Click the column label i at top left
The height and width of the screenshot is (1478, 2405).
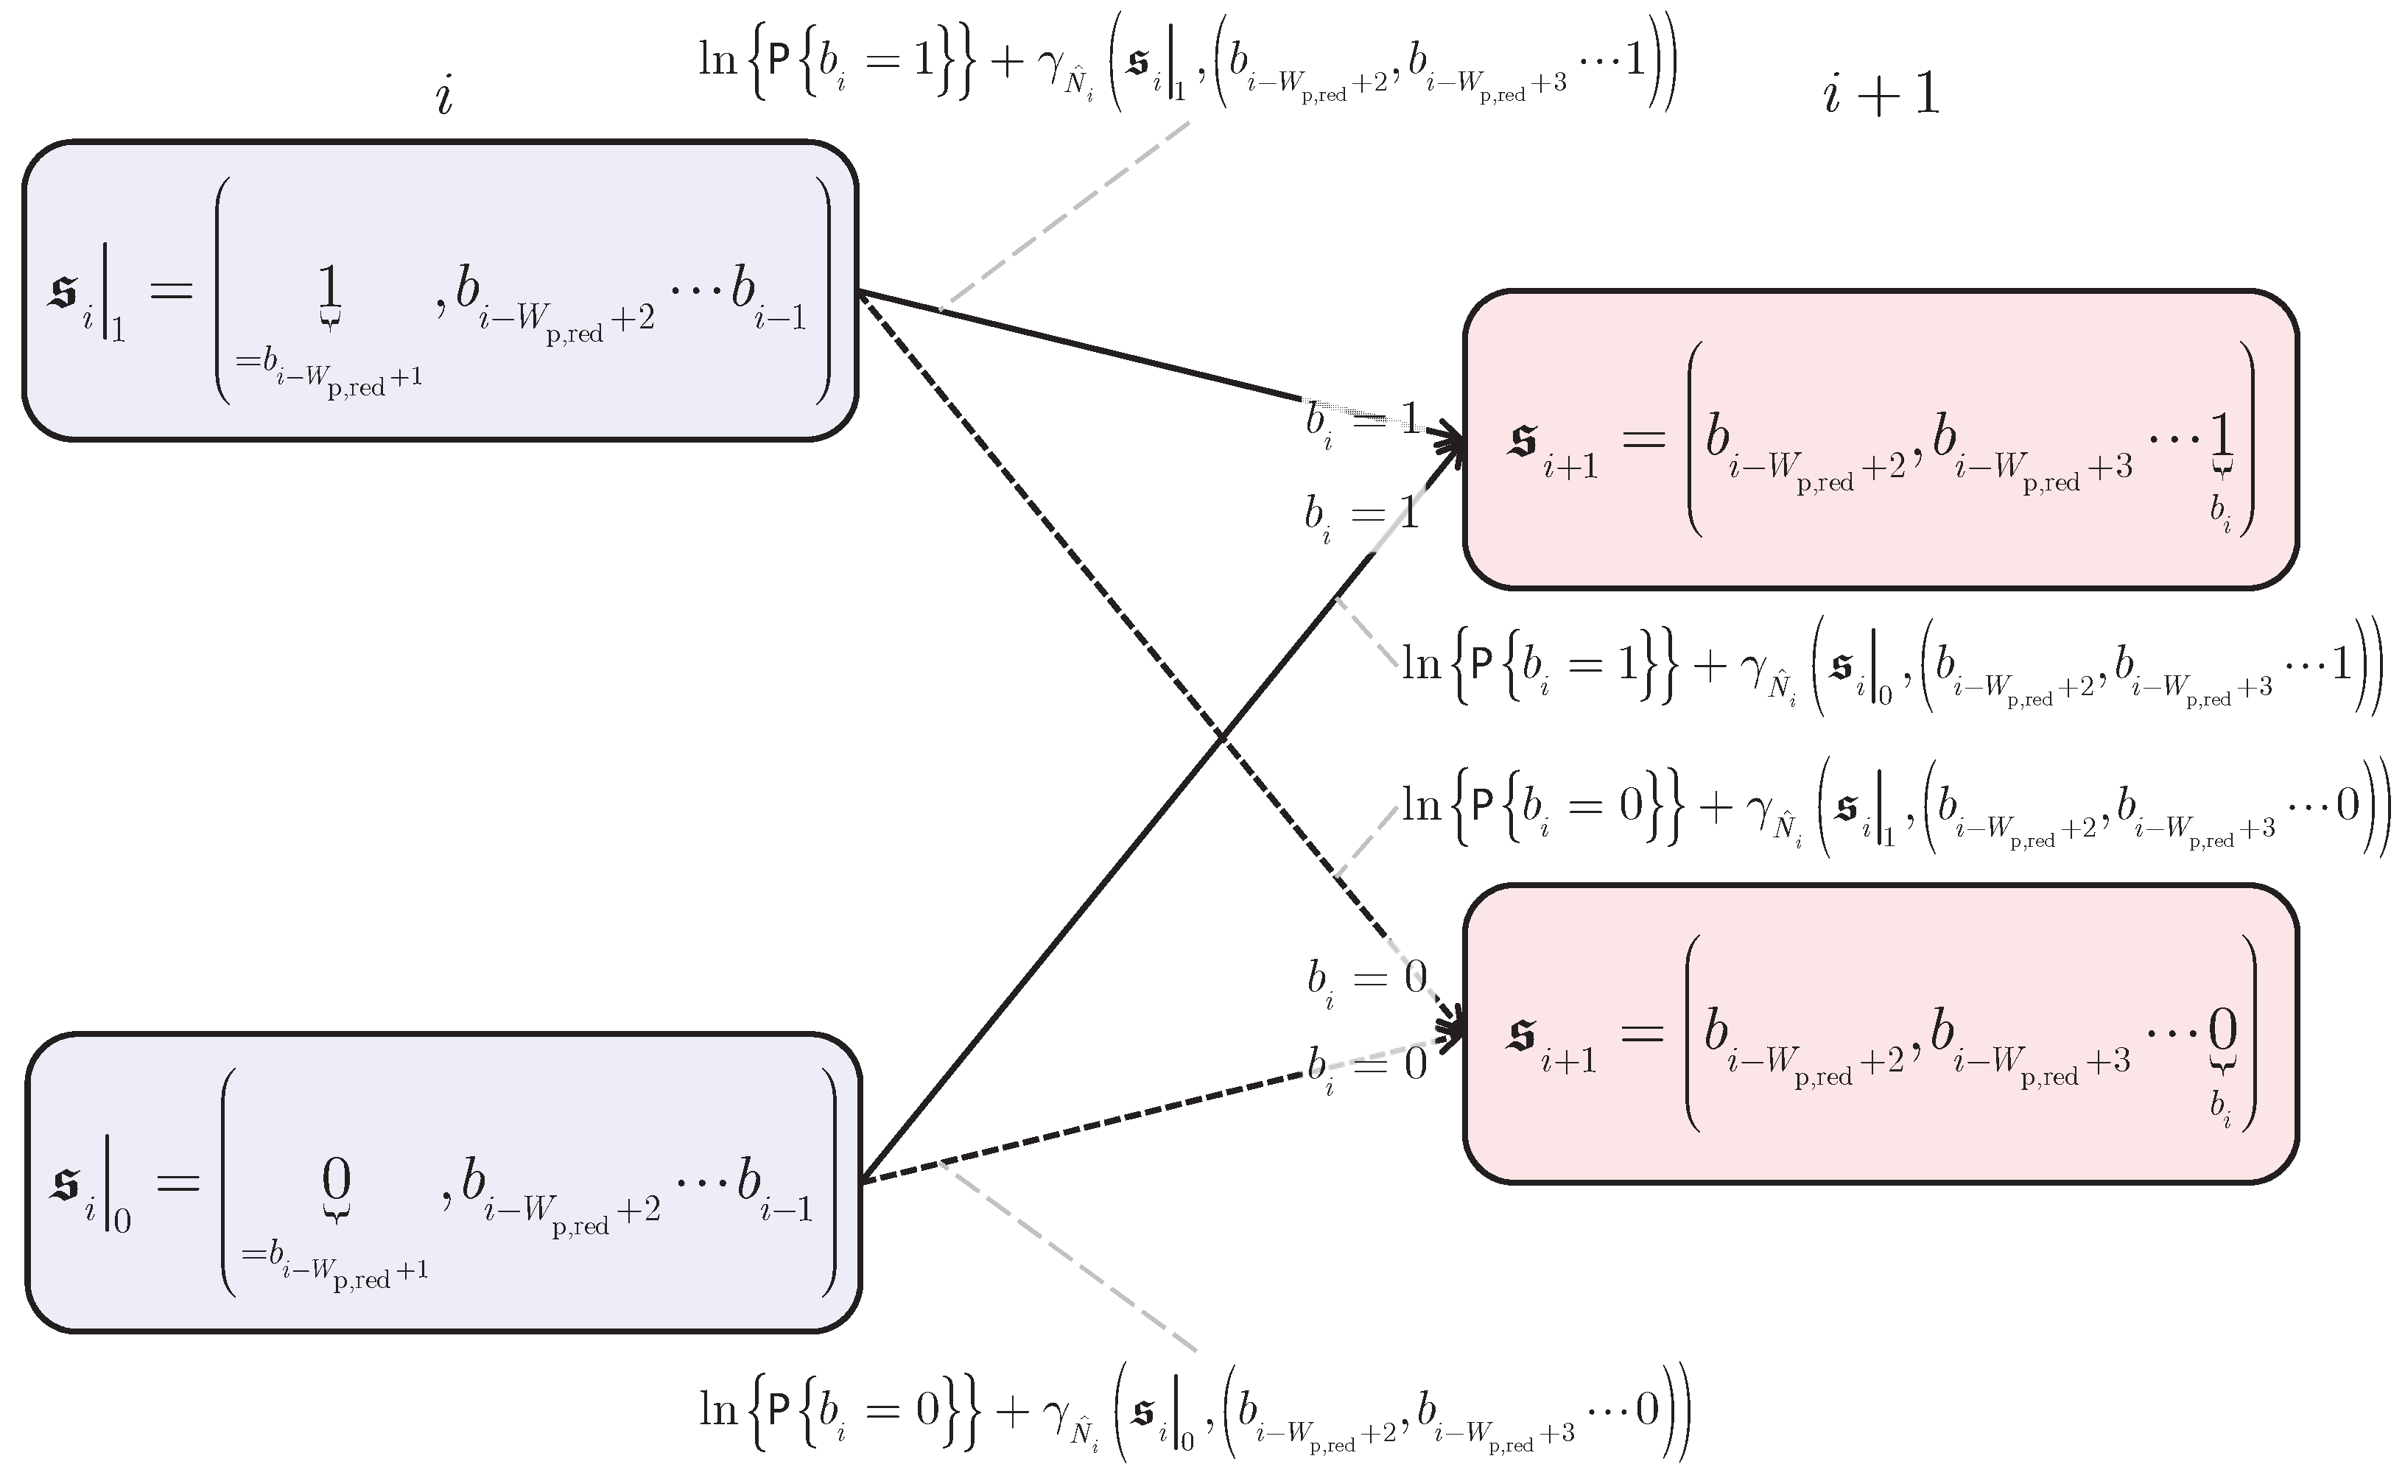pos(445,96)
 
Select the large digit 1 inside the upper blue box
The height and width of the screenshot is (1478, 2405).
pos(329,289)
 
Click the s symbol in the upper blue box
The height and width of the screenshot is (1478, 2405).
pos(63,292)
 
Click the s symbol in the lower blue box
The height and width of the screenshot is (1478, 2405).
pos(66,1183)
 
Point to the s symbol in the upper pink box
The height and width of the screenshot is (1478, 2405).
pos(1523,442)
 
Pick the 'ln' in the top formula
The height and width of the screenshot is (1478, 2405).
pos(717,60)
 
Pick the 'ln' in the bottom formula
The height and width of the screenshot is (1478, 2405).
pos(717,1410)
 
